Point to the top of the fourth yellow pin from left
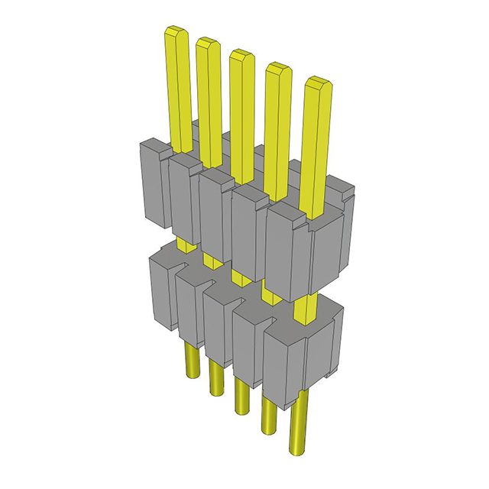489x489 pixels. point(276,68)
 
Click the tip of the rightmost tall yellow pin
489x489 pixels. point(316,82)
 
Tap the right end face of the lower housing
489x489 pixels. point(325,351)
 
